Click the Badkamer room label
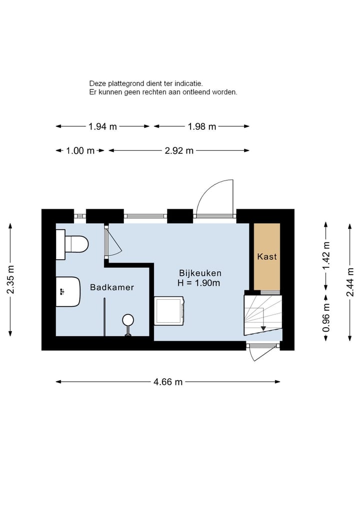(112, 287)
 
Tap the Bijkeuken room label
(200, 273)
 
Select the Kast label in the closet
(267, 257)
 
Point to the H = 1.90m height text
(198, 283)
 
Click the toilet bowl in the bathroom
(76, 244)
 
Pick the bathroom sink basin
(68, 292)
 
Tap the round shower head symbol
(128, 320)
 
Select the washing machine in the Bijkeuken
(169, 311)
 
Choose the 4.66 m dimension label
(168, 382)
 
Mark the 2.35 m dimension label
(10, 279)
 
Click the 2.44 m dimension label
(349, 282)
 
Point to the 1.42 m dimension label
(326, 255)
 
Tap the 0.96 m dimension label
(326, 318)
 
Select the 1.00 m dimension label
(80, 151)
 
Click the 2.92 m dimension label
(179, 151)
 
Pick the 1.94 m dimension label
(102, 126)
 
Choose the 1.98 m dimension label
(201, 126)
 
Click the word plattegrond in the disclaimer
(125, 84)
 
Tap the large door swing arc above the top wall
(207, 190)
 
